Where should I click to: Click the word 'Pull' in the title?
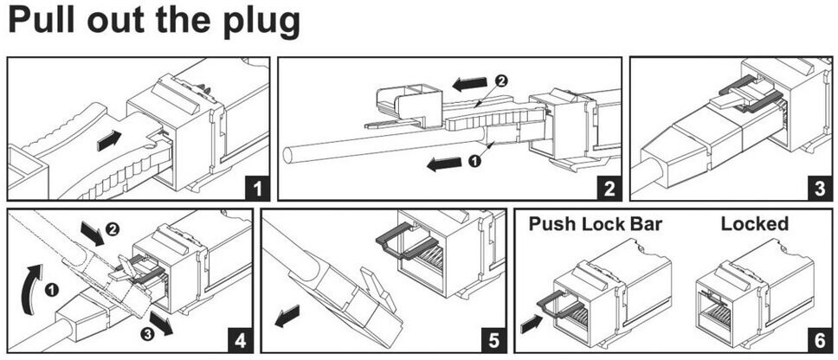42,21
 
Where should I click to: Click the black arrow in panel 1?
110,139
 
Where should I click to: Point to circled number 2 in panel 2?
500,80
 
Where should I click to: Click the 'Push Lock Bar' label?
595,224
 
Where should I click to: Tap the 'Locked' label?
755,224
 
